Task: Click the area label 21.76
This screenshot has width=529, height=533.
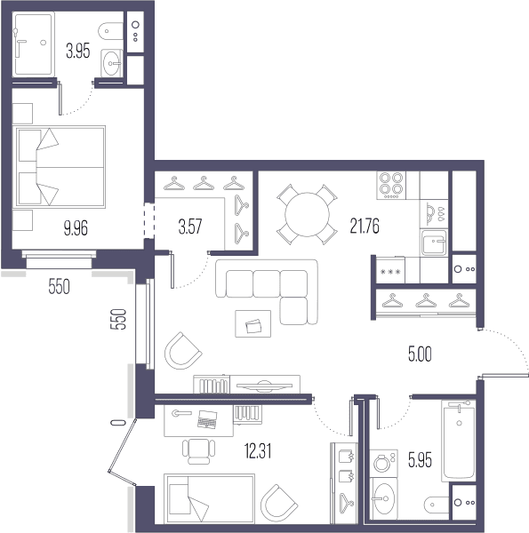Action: pyautogui.click(x=365, y=226)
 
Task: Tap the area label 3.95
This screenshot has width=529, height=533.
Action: pyautogui.click(x=78, y=52)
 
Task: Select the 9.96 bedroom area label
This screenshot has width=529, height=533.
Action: pyautogui.click(x=76, y=227)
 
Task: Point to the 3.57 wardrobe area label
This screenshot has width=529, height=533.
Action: pyautogui.click(x=190, y=227)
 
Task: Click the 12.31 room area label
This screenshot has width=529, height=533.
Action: pyautogui.click(x=258, y=451)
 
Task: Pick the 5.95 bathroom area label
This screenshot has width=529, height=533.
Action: pyautogui.click(x=421, y=460)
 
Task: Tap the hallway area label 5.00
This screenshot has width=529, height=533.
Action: pyautogui.click(x=420, y=354)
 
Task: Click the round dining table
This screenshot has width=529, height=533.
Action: pyautogui.click(x=308, y=214)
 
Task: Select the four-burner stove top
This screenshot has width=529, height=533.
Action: pyautogui.click(x=391, y=186)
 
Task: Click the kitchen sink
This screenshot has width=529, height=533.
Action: pyautogui.click(x=434, y=243)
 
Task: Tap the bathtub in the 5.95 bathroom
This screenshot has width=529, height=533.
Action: pyautogui.click(x=459, y=441)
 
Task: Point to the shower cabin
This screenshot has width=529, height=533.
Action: pyautogui.click(x=33, y=44)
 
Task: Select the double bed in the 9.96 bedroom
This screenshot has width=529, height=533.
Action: pyautogui.click(x=60, y=167)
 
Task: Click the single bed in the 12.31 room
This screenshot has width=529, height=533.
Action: pyautogui.click(x=209, y=498)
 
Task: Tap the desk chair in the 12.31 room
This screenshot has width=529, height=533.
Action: pyautogui.click(x=199, y=451)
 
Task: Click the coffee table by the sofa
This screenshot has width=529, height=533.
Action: pyautogui.click(x=253, y=323)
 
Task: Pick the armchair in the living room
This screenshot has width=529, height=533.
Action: pyautogui.click(x=183, y=351)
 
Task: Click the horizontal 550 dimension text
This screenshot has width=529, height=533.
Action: pyautogui.click(x=60, y=286)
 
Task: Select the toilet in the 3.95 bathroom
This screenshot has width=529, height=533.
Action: pyautogui.click(x=110, y=31)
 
